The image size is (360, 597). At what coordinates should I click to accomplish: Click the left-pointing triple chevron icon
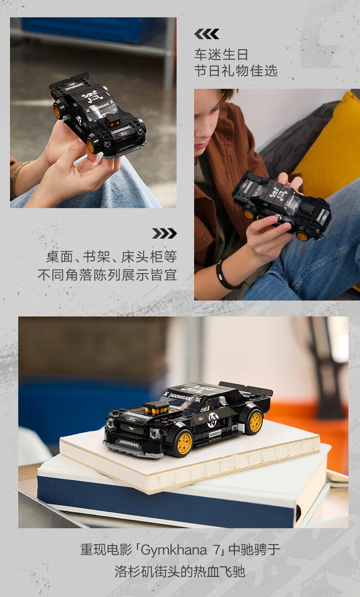click(x=207, y=34)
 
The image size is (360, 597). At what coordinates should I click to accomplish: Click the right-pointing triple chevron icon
click(x=164, y=234)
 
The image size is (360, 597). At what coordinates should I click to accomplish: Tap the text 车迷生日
click(x=221, y=55)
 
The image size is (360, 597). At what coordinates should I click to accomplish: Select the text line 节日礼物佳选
click(x=236, y=71)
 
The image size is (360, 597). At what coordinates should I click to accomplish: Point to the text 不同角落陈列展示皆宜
click(x=108, y=275)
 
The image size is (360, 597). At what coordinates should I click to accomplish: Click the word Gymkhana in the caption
click(x=174, y=550)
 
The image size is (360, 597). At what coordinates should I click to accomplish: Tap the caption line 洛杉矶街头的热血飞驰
click(x=180, y=571)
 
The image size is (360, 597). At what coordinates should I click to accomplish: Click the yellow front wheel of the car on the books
click(x=184, y=443)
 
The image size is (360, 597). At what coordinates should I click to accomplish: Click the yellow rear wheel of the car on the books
click(x=255, y=422)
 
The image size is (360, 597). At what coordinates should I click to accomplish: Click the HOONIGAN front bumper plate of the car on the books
click(x=129, y=443)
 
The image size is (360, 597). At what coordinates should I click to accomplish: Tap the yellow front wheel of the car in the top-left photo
click(x=91, y=145)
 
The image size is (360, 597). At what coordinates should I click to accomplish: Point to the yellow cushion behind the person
click(x=331, y=149)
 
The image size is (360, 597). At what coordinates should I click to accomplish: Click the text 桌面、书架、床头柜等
click(x=112, y=257)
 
